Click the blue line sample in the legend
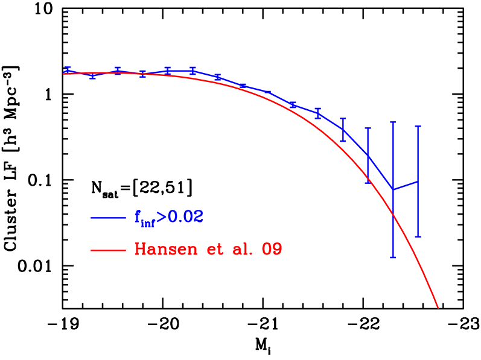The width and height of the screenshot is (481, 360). click(108, 218)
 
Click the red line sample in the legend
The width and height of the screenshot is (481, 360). click(108, 250)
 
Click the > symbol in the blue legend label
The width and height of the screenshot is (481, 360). click(161, 218)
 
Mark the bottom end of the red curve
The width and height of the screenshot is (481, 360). click(438, 308)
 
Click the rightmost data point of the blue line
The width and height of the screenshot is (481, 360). click(418, 181)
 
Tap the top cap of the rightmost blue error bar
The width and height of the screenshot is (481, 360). click(418, 127)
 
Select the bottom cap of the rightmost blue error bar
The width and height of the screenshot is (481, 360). click(418, 236)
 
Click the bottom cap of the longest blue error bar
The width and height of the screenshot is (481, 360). click(393, 257)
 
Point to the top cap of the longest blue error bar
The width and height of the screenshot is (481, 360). click(393, 122)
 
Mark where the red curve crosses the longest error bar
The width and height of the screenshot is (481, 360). click(393, 214)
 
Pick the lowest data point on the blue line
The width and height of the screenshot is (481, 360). click(393, 189)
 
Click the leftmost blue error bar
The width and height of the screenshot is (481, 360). click(68, 70)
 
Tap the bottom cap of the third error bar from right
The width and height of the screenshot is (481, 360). click(368, 182)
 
